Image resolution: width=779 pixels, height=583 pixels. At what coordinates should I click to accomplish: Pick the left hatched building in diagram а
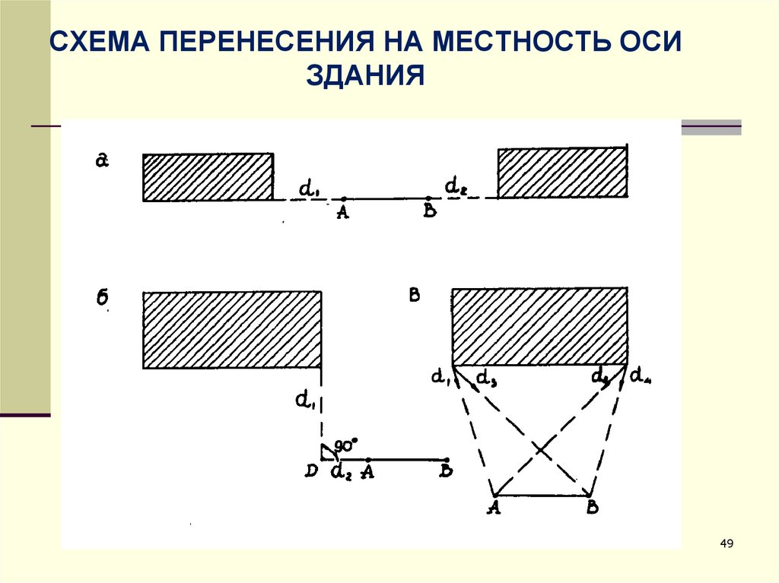coord(208,177)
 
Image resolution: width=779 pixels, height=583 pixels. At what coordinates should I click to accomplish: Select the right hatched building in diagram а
coord(563,173)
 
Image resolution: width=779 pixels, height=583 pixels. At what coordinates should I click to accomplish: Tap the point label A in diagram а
coord(342,214)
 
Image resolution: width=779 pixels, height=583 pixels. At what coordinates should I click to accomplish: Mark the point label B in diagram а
coord(430,212)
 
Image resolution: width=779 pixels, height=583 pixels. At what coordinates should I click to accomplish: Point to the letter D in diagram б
coord(310,471)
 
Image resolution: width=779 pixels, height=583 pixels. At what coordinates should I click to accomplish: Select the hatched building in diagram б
coord(231,329)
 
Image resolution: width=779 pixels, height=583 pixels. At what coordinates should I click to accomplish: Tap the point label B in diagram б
coord(447,471)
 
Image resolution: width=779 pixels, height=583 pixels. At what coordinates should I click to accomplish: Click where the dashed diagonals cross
coord(540,451)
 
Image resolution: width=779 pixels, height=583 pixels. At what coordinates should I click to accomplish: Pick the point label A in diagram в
coord(494,509)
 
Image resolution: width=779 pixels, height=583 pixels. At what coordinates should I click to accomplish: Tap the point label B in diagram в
coord(592,509)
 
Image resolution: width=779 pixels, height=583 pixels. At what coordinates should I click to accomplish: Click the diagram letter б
coord(103,297)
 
